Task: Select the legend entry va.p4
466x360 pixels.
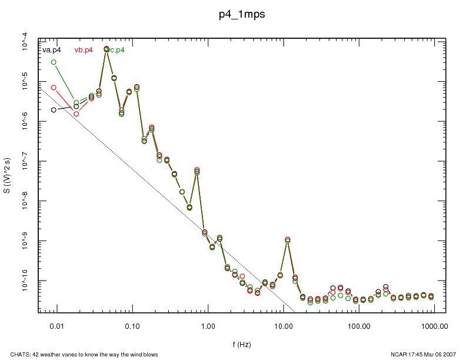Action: coord(52,50)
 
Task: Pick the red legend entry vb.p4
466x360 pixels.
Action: coord(84,50)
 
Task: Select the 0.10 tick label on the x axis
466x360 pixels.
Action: coord(132,325)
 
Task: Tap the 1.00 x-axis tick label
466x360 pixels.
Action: coord(208,325)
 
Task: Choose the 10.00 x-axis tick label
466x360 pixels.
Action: coord(284,325)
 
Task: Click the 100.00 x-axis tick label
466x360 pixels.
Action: coord(359,325)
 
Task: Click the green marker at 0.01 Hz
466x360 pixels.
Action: coord(54,62)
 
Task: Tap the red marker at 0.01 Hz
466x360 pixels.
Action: coord(54,88)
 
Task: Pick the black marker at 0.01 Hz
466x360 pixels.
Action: coord(54,110)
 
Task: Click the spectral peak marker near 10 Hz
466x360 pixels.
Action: coord(287,240)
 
